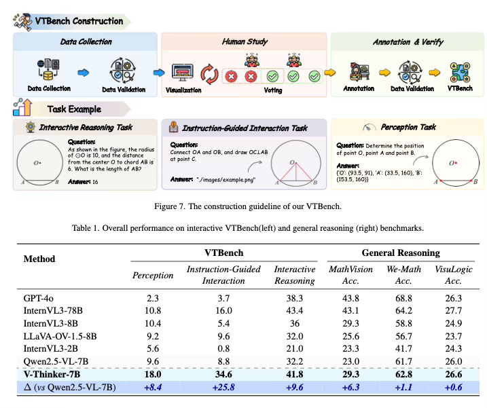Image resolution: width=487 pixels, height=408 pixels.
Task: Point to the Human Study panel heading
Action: point(242,41)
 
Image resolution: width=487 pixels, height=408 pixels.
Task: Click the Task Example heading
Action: point(74,109)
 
